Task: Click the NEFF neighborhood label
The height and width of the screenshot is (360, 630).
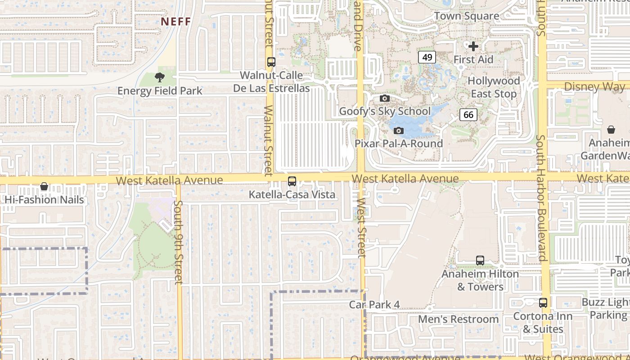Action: pos(176,22)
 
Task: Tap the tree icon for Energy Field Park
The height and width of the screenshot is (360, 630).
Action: pos(159,77)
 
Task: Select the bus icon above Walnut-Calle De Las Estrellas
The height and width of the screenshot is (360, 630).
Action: pos(271,62)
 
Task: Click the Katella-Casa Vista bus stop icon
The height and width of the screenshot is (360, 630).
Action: pos(292,181)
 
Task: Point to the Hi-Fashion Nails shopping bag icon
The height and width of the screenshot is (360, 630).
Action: pos(44,186)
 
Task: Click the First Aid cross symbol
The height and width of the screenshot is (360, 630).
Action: pos(473,46)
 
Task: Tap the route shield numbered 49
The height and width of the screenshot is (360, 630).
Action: pos(427,57)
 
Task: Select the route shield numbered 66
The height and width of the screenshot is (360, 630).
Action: pos(468,115)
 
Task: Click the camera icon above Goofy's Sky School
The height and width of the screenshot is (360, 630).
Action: pos(384,98)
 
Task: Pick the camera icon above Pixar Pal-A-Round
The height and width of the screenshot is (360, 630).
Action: pos(398,130)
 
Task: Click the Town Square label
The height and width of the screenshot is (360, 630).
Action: pos(467,16)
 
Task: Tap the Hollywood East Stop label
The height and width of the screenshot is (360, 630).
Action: pos(494,87)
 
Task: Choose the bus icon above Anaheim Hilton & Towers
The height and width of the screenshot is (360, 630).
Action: pos(480,261)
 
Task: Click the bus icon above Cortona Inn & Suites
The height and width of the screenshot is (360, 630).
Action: pos(543,303)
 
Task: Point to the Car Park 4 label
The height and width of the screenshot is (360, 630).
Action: pos(374,305)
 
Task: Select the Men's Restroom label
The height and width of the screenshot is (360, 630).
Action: pos(459,319)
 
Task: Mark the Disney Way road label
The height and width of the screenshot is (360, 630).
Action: pos(594,86)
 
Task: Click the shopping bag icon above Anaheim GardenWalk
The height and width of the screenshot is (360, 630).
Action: pos(611,130)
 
